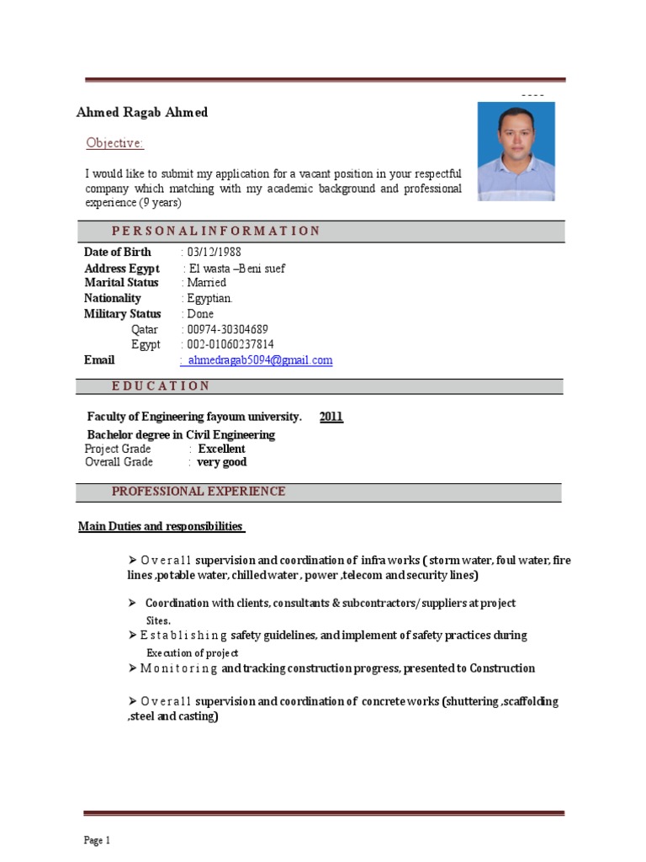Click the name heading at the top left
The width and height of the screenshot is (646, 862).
(x=142, y=113)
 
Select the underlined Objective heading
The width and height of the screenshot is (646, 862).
(x=115, y=143)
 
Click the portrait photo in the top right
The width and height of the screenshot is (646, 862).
(x=516, y=152)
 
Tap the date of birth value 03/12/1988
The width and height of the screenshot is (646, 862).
(x=210, y=252)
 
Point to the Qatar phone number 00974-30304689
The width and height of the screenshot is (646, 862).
(x=228, y=329)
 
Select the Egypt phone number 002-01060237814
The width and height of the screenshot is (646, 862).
(x=231, y=345)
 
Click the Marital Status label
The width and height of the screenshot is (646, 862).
(x=121, y=283)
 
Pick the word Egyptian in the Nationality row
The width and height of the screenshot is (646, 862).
(x=209, y=298)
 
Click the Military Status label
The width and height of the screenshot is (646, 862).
(x=123, y=314)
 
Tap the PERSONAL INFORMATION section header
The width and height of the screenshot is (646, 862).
(x=215, y=231)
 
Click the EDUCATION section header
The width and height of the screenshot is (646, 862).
(x=161, y=386)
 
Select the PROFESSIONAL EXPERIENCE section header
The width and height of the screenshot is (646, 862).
(x=199, y=492)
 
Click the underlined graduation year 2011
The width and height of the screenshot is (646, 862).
(x=331, y=417)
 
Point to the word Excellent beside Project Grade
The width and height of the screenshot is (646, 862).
(x=222, y=449)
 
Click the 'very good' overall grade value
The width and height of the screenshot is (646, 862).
(x=222, y=462)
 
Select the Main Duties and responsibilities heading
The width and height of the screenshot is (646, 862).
(x=161, y=526)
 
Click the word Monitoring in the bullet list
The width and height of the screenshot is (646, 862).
(x=179, y=668)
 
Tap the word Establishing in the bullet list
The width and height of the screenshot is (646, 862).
(x=183, y=636)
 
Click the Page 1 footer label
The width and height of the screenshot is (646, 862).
(x=97, y=840)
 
